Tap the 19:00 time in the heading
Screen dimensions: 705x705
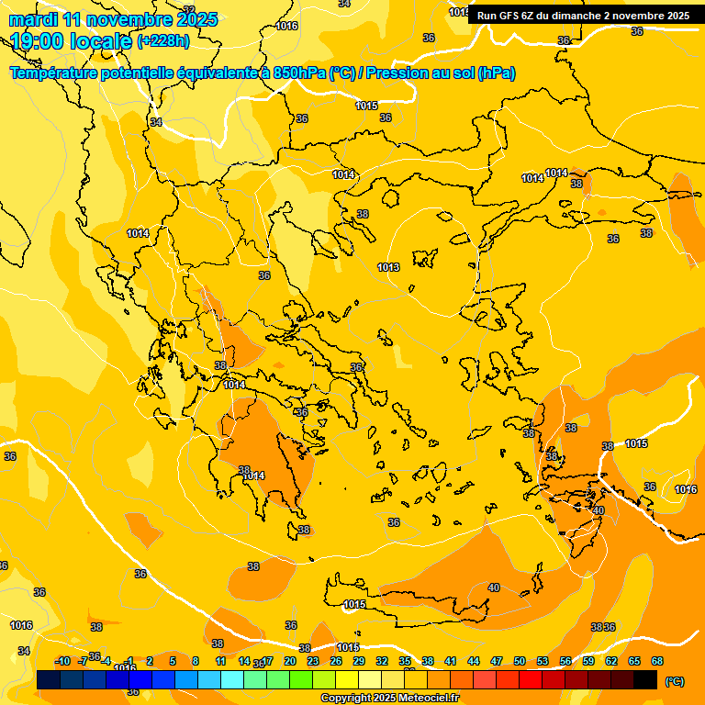click(36, 41)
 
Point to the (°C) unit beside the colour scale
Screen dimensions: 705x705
click(674, 681)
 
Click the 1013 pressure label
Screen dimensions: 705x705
click(388, 267)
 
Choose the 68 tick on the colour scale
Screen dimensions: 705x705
click(657, 661)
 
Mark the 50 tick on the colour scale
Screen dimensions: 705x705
click(520, 661)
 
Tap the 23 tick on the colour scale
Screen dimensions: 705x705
click(313, 661)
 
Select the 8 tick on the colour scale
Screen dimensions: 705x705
click(196, 661)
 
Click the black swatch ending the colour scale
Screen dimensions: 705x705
click(645, 680)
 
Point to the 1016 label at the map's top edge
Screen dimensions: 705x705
click(286, 26)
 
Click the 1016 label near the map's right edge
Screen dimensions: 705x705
click(686, 489)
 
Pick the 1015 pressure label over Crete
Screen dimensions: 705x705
click(355, 604)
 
